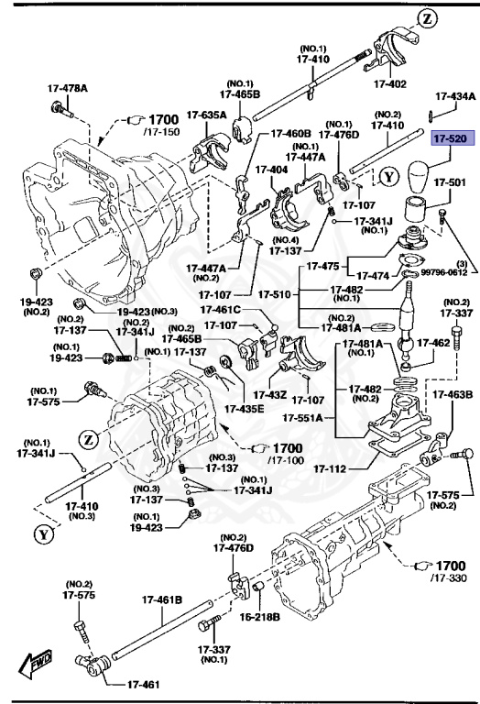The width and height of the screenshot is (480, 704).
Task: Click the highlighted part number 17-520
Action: coord(451,138)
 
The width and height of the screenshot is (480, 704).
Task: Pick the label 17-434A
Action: coord(453,95)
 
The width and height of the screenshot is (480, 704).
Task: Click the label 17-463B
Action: coord(453,395)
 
